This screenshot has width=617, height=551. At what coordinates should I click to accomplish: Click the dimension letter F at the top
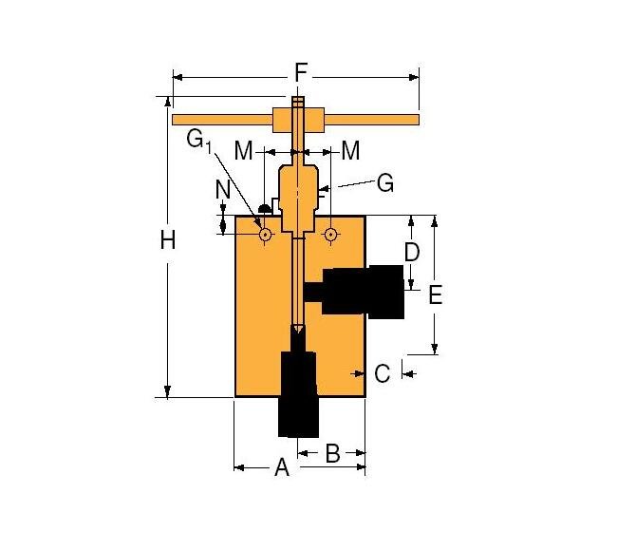[300, 73]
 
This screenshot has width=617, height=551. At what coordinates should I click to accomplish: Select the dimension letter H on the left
[167, 242]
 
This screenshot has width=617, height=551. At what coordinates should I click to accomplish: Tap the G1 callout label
[198, 141]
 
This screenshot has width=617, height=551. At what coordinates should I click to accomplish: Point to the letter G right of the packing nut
[384, 183]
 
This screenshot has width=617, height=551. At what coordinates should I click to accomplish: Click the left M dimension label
[244, 150]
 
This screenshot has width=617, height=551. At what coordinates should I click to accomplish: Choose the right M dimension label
[350, 150]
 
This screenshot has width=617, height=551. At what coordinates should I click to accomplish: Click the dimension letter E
[435, 295]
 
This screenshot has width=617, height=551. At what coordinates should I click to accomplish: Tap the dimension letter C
[382, 373]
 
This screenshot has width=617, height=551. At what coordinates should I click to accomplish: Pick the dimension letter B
[332, 454]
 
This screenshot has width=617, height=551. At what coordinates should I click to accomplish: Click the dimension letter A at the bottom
[281, 467]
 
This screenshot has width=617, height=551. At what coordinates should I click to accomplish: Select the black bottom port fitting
[298, 394]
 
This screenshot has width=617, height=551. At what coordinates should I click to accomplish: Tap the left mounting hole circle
[265, 234]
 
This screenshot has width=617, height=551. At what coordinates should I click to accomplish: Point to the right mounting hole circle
[330, 234]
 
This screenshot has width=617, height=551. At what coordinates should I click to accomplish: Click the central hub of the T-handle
[298, 121]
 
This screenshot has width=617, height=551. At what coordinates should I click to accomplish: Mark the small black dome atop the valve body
[264, 205]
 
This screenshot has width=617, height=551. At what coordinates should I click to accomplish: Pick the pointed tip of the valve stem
[298, 331]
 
